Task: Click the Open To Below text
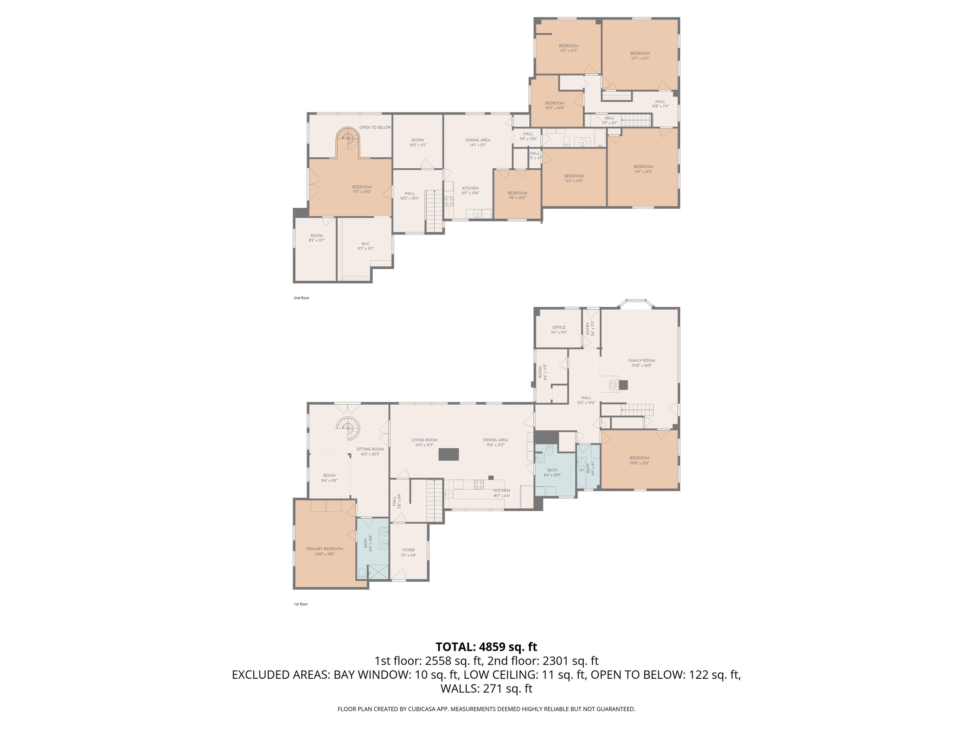[x=375, y=128]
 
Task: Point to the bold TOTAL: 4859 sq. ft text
[x=486, y=647]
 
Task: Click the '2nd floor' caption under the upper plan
[x=301, y=298]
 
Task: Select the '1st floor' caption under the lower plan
[x=301, y=604]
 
